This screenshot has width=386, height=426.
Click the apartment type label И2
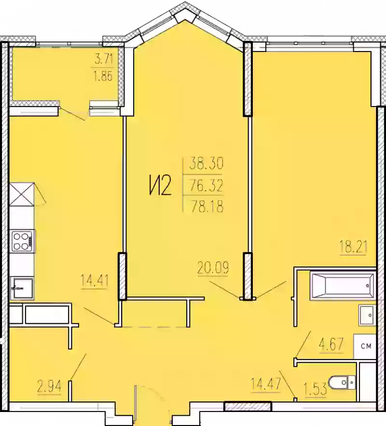(160, 186)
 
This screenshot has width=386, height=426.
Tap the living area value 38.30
(207, 164)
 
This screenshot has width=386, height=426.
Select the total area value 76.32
(207, 185)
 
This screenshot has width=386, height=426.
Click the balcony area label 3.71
(104, 61)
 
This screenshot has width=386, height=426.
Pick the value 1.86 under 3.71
(104, 77)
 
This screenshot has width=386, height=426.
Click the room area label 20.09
(212, 266)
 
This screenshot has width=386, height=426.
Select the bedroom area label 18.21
(353, 248)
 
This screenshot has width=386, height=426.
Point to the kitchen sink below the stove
(22, 287)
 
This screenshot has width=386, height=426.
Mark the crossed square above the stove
(22, 194)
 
